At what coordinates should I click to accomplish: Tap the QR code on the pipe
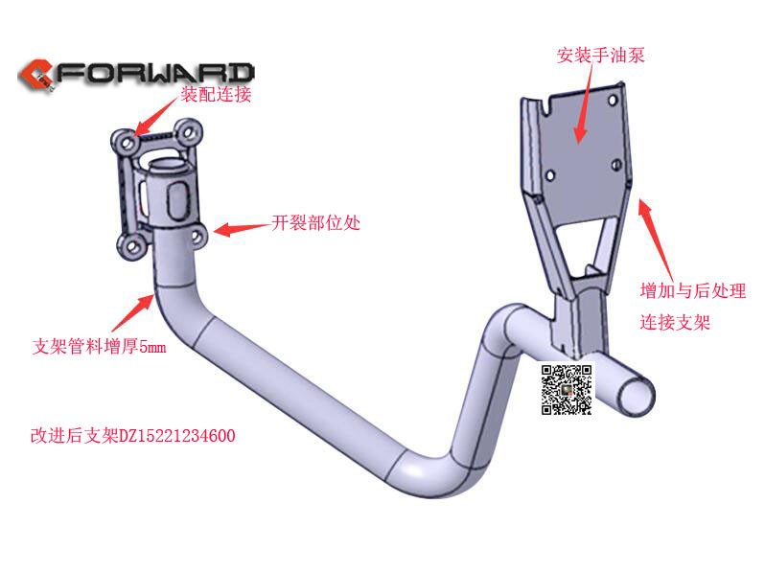tap(567, 389)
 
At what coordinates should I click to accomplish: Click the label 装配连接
tap(217, 94)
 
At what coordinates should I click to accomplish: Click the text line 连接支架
tap(675, 323)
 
